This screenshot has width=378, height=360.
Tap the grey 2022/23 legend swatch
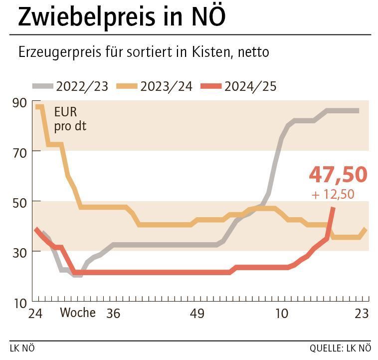tap(43, 86)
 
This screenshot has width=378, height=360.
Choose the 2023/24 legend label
tap(166, 86)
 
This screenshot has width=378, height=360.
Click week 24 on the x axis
tap(36, 314)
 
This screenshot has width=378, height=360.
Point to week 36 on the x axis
tap(114, 314)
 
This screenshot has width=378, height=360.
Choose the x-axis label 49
tap(197, 314)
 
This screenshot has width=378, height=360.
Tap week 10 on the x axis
tap(282, 314)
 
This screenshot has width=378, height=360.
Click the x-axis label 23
tap(362, 314)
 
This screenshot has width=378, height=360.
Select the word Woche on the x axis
tap(78, 313)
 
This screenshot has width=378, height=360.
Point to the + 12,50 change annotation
tap(333, 194)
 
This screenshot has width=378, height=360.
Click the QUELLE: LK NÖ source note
tap(341, 348)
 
